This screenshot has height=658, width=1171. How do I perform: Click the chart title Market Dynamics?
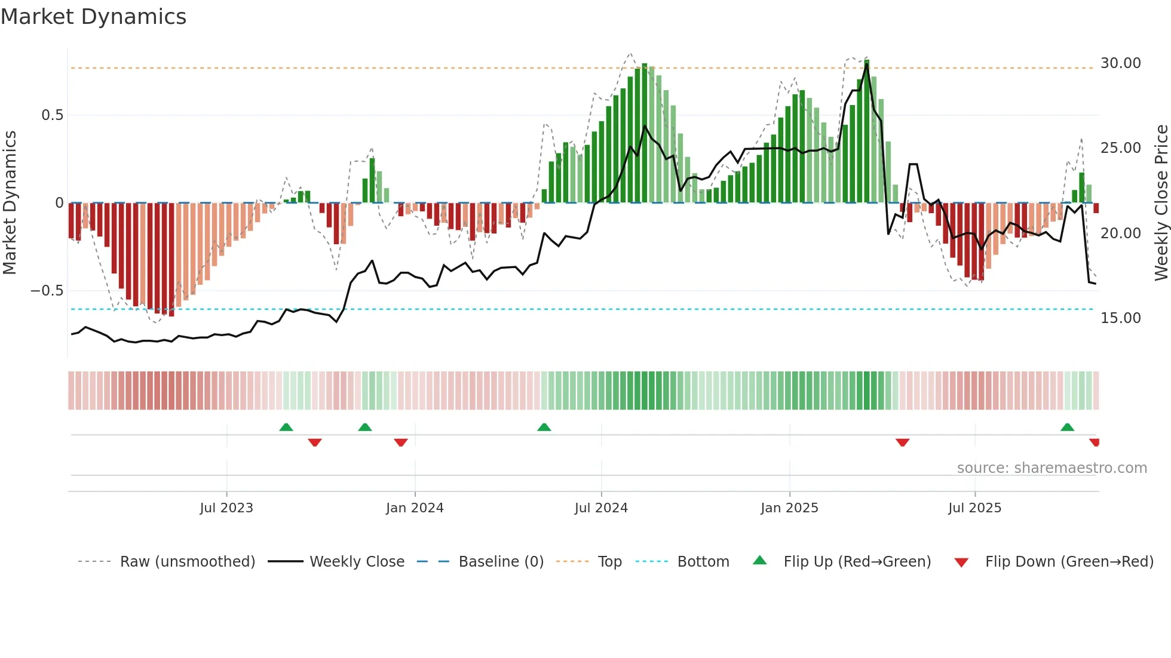[x=93, y=17]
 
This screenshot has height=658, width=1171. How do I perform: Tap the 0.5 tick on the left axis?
[x=52, y=115]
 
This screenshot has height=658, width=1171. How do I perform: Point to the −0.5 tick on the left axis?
[x=47, y=291]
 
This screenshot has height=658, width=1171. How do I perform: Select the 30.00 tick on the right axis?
[x=1120, y=63]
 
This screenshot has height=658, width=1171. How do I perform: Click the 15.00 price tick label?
[x=1120, y=318]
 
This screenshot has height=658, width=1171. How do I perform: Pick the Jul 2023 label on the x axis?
[x=226, y=508]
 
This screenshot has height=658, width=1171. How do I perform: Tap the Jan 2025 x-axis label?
[x=789, y=508]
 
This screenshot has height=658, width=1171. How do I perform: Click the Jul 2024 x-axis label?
[x=601, y=508]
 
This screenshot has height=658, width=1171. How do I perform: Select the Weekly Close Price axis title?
[x=1161, y=203]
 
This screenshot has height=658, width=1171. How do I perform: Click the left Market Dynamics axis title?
[x=10, y=203]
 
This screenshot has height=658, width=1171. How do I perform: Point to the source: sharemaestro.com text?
[x=1052, y=468]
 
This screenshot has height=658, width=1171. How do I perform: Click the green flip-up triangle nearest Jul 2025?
[x=1067, y=428]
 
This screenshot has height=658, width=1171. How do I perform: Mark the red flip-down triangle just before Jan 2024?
[x=401, y=442]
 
